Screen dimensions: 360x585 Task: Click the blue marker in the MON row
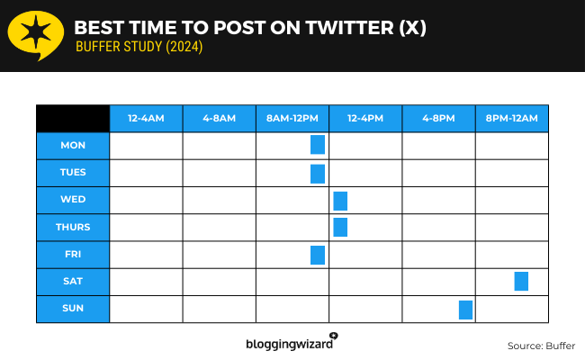[318, 145]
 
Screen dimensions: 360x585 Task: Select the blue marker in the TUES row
[318, 174]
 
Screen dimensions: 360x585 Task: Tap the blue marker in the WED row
[340, 201]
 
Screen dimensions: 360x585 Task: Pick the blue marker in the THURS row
[340, 227]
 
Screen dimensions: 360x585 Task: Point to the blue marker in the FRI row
[318, 255]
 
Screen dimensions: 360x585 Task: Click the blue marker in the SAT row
[521, 281]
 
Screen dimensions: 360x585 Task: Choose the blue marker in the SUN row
[465, 310]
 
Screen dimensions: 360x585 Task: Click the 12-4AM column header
[146, 118]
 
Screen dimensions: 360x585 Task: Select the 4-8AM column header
[219, 118]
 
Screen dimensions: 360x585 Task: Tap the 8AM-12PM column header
[292, 118]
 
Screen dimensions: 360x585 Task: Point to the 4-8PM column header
[438, 118]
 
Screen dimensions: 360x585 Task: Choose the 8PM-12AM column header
[511, 118]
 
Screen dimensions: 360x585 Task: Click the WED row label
[73, 199]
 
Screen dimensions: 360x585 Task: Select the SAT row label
[73, 281]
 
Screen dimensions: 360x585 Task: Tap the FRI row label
[73, 254]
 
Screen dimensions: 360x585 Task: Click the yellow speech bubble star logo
[34, 35]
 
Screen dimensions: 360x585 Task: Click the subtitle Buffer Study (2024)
[139, 48]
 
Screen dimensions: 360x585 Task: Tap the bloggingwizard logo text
[288, 343]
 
